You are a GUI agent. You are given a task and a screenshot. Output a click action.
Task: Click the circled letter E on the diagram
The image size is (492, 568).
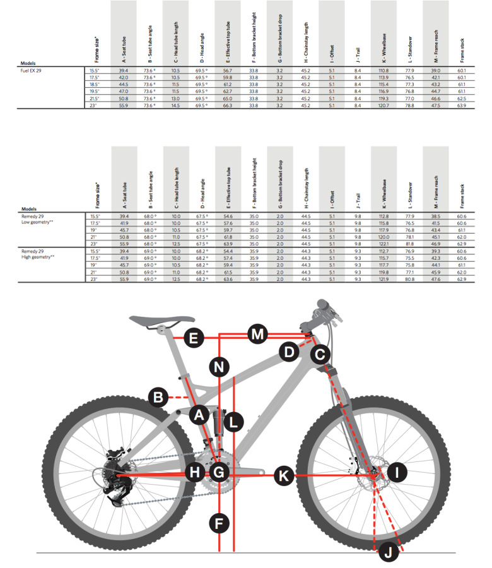click(195, 338)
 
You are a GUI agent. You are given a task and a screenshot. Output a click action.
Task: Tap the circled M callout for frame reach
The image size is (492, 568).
click(256, 334)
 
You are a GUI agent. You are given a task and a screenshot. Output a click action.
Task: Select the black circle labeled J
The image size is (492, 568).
click(388, 553)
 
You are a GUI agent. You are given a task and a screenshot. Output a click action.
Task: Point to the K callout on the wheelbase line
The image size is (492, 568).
click(284, 476)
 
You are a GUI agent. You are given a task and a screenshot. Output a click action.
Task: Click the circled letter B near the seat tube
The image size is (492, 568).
click(158, 397)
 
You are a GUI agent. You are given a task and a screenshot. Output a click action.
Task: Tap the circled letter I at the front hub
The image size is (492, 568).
click(397, 471)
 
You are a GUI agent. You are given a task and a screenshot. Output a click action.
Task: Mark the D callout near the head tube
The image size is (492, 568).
click(290, 352)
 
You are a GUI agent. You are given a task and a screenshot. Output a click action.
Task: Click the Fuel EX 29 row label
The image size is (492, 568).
click(35, 70)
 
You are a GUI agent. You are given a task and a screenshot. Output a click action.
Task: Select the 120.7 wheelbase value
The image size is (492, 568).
click(383, 105)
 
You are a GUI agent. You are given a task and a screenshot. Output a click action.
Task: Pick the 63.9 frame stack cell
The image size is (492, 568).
click(462, 105)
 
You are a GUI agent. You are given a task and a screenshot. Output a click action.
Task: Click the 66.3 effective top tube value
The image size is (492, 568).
click(227, 105)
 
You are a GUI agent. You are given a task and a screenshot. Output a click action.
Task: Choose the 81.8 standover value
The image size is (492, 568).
click(409, 244)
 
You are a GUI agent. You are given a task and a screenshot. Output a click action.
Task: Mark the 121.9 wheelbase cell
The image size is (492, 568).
click(383, 278)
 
